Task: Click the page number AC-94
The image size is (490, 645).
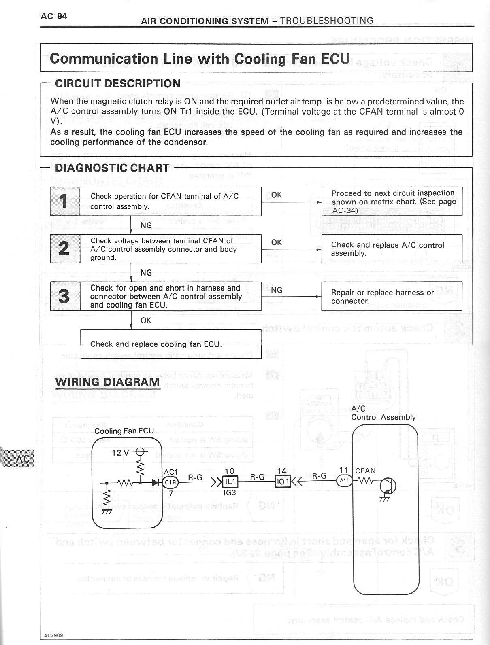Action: coord(54,16)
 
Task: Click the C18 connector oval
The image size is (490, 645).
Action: coord(170,482)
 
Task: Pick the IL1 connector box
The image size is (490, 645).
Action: coord(230,482)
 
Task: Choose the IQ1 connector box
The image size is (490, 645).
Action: coord(282,482)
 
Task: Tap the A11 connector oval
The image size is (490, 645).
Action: coord(344,480)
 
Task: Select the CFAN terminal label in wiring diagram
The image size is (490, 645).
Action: coord(365,471)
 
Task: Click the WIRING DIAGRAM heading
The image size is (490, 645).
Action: coord(107,382)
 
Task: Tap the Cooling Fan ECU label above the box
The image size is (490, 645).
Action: coord(124,431)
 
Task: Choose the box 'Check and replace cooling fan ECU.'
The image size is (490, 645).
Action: coord(170,344)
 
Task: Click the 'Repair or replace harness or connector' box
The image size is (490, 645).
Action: coord(391,297)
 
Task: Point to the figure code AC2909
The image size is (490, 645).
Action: coord(53,635)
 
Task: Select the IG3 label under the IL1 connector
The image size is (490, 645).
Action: coord(230,493)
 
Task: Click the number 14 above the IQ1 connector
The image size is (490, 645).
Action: coord(282,471)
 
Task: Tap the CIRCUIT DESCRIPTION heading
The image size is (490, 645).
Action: coord(117,84)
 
